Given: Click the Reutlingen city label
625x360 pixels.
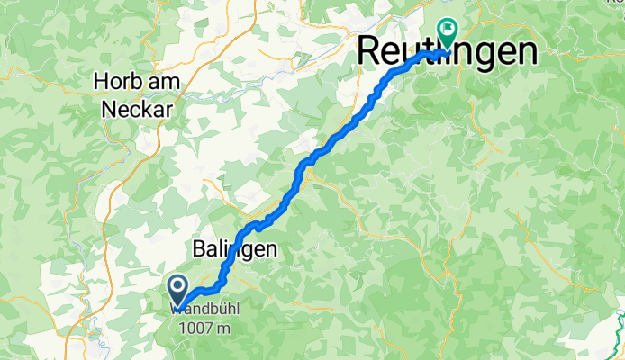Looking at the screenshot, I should tap(447, 51).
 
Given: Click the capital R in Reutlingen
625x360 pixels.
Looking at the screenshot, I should tap(368, 51).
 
